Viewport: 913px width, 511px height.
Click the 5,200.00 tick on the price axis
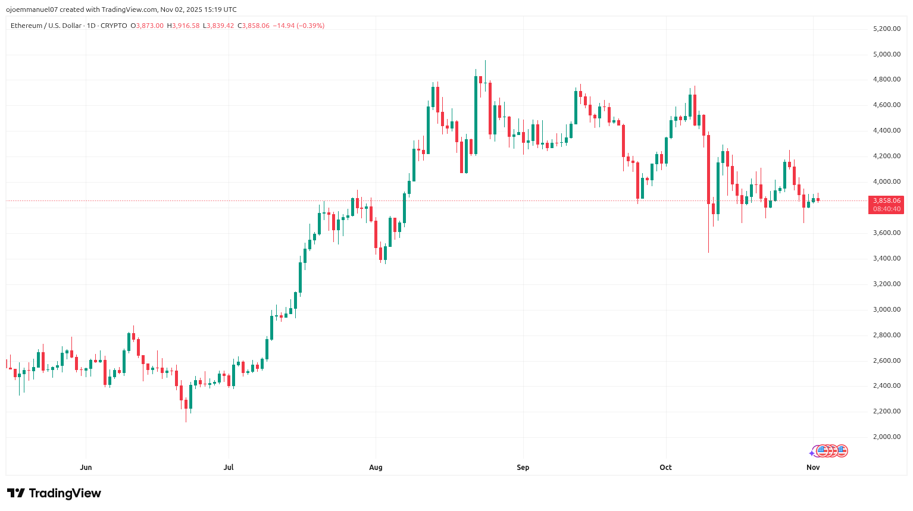pyautogui.click(x=886, y=29)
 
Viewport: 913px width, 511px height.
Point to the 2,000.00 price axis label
pyautogui.click(x=886, y=437)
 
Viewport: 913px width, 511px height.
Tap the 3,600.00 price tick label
pyautogui.click(x=886, y=233)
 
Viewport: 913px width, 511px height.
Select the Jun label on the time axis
pyautogui.click(x=86, y=467)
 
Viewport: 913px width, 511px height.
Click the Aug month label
pyautogui.click(x=376, y=467)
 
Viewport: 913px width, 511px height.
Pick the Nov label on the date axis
pyautogui.click(x=813, y=467)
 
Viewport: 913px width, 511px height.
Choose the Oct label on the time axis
pyautogui.click(x=665, y=467)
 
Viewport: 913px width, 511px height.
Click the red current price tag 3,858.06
pyautogui.click(x=886, y=201)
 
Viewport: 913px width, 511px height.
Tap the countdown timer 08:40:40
pyautogui.click(x=886, y=209)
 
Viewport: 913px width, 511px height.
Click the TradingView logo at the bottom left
pyautogui.click(x=54, y=493)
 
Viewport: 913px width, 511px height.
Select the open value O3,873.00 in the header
pyautogui.click(x=149, y=26)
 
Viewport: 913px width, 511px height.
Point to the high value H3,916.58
pyautogui.click(x=183, y=26)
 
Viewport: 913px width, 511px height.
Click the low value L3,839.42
pyautogui.click(x=218, y=26)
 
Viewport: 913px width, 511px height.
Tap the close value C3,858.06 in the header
pyautogui.click(x=254, y=26)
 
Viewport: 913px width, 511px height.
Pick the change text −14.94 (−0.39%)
pyautogui.click(x=298, y=26)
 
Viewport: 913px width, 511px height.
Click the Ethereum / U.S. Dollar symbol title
pyautogui.click(x=46, y=26)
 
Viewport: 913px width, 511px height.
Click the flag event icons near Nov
pyautogui.click(x=831, y=451)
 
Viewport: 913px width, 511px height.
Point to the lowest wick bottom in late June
pyautogui.click(x=186, y=422)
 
